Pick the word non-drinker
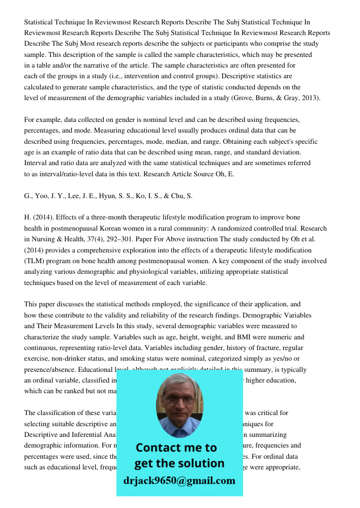[x=68, y=359]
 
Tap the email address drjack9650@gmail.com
[x=179, y=480]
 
